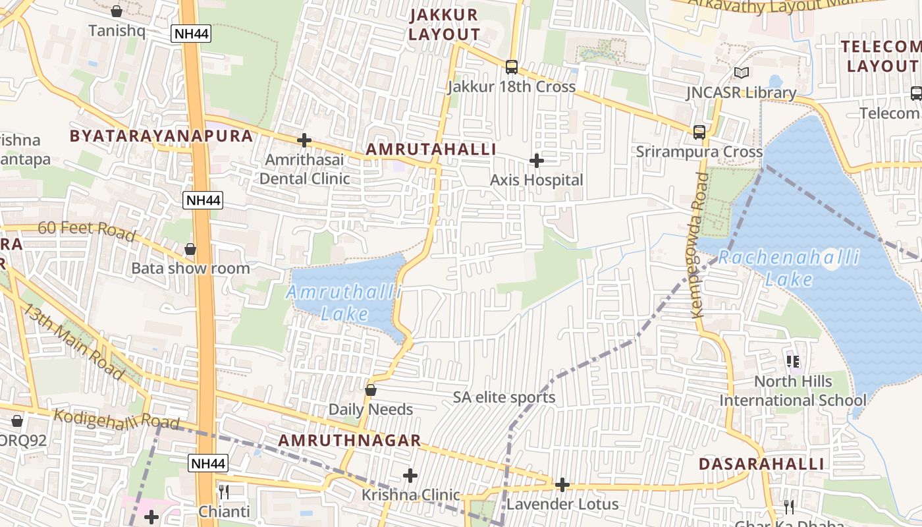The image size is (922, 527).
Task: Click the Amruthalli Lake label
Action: pos(344,302)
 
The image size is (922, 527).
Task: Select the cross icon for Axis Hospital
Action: pos(537,160)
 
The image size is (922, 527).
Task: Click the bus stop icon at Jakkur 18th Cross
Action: pos(512,67)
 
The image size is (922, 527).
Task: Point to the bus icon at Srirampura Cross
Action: pos(699,132)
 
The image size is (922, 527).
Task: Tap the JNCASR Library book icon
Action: pos(742,72)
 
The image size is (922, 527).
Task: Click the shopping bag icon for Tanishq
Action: pos(117,11)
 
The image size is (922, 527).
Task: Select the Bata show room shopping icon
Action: pos(190,249)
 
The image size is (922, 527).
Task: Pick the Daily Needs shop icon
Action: pos(371,390)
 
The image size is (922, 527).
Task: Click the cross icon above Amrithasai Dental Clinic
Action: pos(304,140)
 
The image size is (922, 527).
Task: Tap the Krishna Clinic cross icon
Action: pos(410,475)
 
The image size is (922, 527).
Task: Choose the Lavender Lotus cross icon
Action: pos(562,485)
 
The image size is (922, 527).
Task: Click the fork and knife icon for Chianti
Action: pos(224,492)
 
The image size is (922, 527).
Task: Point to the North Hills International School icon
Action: pos(793,361)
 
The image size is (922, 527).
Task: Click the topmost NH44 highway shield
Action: pos(191,34)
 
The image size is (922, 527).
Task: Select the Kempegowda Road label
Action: pos(700,245)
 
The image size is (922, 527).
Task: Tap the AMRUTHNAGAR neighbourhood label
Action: pos(349,440)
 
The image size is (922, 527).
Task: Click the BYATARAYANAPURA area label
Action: pos(161,136)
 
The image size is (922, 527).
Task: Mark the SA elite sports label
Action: pos(504,397)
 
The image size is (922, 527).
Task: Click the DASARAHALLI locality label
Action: pos(761,464)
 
